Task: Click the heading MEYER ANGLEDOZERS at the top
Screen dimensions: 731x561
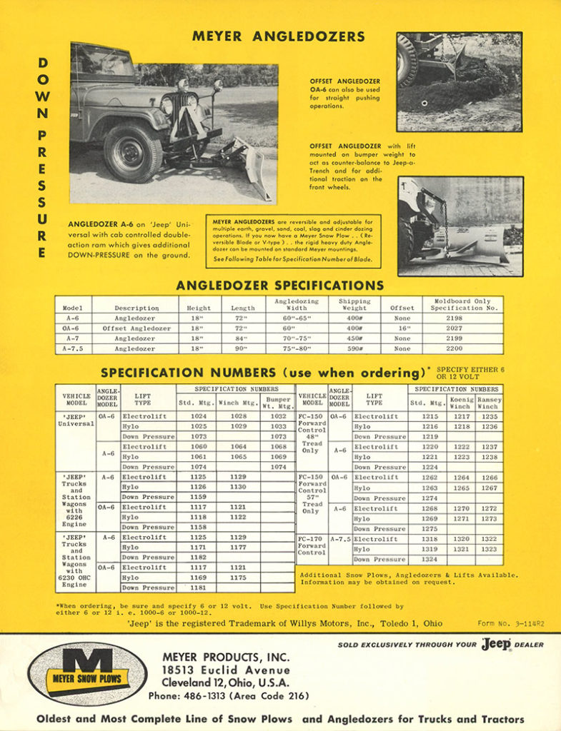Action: [x=279, y=36]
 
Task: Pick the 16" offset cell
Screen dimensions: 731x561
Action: [x=402, y=328]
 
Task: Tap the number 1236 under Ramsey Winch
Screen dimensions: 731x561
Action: [x=489, y=426]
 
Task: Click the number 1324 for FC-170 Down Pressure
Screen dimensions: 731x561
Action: [x=430, y=560]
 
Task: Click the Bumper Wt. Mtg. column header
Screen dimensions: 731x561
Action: [x=277, y=403]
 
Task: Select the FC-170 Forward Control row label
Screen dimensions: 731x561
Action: [x=312, y=545]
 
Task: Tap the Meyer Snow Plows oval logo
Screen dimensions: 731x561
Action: [x=87, y=672]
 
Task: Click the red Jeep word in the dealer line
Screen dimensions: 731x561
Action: [x=495, y=644]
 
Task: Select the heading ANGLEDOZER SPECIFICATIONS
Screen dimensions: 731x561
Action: [x=279, y=286]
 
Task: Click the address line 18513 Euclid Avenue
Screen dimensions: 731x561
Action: [x=226, y=670]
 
